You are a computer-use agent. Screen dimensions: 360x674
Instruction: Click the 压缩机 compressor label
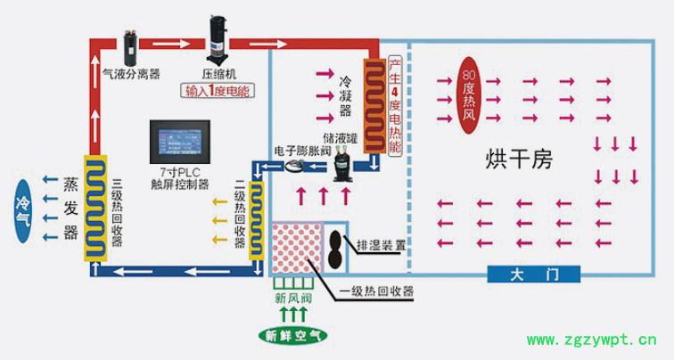click(218, 74)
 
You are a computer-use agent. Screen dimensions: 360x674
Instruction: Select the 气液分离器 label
click(132, 74)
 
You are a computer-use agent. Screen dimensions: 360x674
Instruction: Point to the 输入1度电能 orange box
click(218, 91)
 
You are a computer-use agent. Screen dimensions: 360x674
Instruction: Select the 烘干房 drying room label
click(519, 160)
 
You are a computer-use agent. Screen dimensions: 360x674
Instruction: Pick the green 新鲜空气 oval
click(293, 336)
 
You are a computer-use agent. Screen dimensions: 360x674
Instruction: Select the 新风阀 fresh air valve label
click(293, 298)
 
